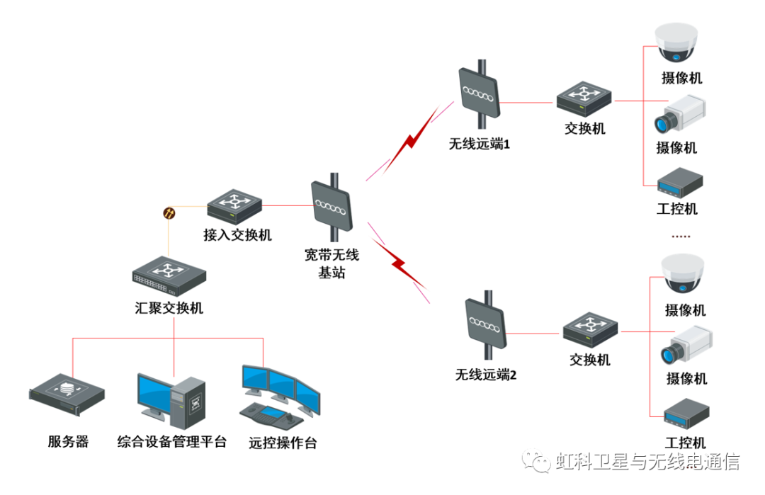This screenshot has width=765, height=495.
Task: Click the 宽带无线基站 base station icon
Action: (331, 205)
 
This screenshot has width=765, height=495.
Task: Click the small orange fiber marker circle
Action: (169, 212)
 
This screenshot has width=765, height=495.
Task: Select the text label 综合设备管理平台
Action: (172, 442)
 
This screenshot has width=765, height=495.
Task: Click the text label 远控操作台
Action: (283, 443)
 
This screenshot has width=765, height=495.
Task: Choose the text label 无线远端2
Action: (486, 375)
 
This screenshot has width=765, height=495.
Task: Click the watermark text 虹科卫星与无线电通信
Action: (647, 462)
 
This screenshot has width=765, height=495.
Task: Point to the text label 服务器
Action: (69, 442)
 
